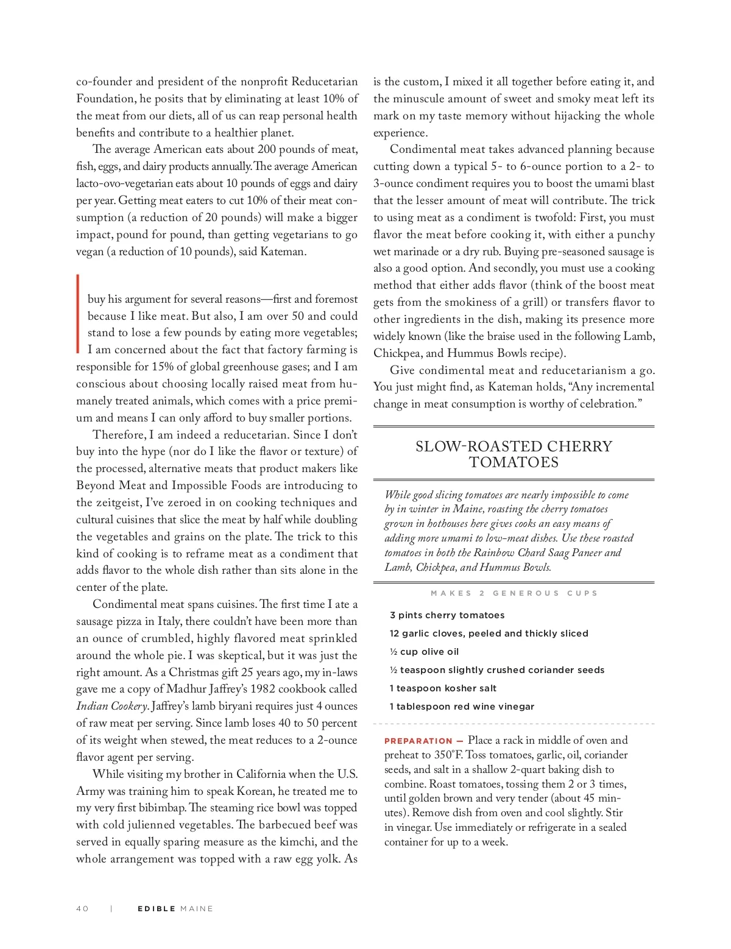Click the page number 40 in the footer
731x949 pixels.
tap(82, 908)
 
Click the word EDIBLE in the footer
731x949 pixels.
tap(156, 908)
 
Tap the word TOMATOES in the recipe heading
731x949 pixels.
tap(514, 462)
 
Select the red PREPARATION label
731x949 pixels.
tap(418, 741)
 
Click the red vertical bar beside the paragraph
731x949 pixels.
tap(78, 314)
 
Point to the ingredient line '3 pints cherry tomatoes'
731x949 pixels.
tap(447, 615)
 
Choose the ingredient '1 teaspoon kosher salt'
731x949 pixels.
tap(443, 688)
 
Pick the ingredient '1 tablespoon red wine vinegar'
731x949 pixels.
tap(462, 707)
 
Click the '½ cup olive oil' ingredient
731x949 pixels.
tap(424, 652)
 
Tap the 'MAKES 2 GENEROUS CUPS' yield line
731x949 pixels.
tap(514, 593)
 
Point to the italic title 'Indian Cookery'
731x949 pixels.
tap(111, 707)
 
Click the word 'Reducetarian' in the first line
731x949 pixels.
tap(324, 82)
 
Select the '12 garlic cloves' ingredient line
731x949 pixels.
tap(489, 633)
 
